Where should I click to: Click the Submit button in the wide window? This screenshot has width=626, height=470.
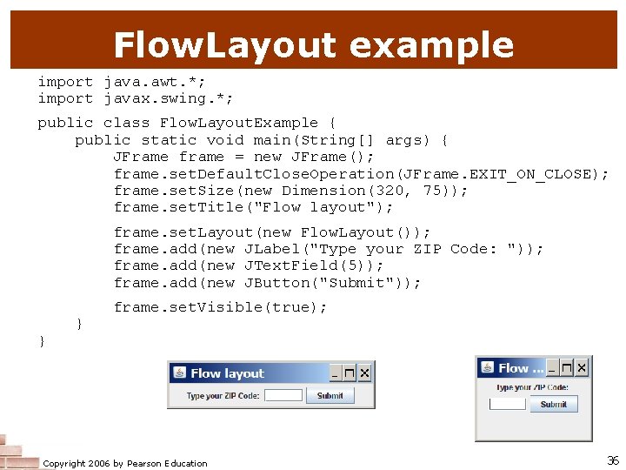pyautogui.click(x=330, y=396)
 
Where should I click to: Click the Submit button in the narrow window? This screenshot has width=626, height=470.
pyautogui.click(x=553, y=404)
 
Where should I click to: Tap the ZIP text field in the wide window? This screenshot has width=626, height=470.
pyautogui.click(x=283, y=396)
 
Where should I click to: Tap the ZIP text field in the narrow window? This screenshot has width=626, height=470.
pyautogui.click(x=508, y=404)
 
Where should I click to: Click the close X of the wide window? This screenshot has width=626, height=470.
pyautogui.click(x=364, y=373)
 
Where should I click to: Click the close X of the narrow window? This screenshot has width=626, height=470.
pyautogui.click(x=581, y=368)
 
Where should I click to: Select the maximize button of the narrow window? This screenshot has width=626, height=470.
pyautogui.click(x=566, y=368)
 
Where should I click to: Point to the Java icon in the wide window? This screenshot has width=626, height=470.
pyautogui.click(x=179, y=373)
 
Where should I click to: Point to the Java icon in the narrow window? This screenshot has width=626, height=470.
pyautogui.click(x=487, y=368)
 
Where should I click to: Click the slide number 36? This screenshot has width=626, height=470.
pyautogui.click(x=612, y=460)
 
